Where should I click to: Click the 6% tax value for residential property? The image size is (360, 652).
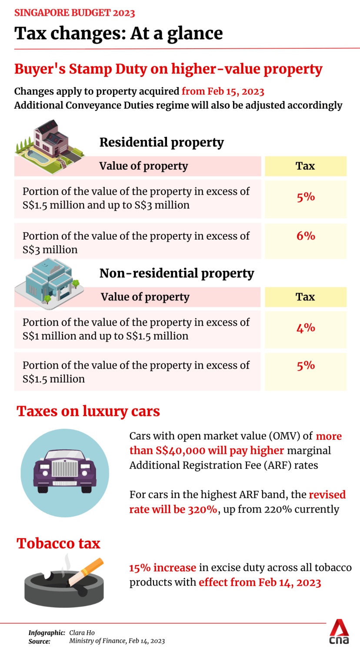click(306, 236)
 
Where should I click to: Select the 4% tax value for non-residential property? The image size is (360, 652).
click(306, 328)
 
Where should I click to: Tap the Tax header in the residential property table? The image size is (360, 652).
click(305, 166)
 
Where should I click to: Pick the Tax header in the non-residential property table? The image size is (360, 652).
click(305, 297)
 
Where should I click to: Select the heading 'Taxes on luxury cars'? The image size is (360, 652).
click(88, 411)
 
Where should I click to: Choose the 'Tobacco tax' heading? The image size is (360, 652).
click(58, 543)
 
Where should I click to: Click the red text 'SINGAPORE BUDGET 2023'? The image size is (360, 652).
click(75, 13)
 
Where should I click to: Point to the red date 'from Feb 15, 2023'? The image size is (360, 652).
click(223, 91)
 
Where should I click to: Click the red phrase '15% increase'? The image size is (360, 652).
click(163, 568)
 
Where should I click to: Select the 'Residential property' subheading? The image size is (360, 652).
click(161, 142)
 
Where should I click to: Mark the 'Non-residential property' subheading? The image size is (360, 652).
click(177, 273)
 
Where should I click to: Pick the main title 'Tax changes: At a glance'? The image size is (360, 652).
click(118, 33)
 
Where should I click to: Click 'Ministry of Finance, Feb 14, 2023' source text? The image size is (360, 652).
click(117, 641)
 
